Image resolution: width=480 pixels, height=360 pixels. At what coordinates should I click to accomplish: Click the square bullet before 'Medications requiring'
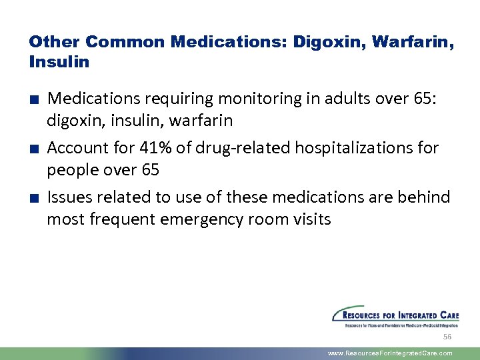click(x=33, y=100)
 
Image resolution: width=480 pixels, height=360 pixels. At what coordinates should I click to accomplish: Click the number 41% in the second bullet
click(x=155, y=147)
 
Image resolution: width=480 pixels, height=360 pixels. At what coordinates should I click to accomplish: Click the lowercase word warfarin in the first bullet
click(x=201, y=121)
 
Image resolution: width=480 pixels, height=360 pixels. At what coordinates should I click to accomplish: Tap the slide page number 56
click(x=447, y=338)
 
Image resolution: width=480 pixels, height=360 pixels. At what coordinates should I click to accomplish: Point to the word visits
click(x=310, y=219)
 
